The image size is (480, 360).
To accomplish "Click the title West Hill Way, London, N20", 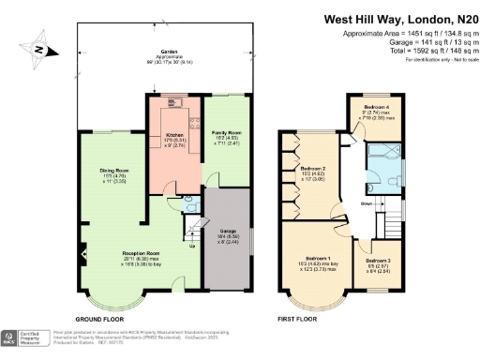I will (393, 18).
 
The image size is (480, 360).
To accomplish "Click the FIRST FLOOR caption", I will (301, 320).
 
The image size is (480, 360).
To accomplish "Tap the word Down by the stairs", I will (367, 202).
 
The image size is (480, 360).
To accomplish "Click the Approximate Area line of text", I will (397, 36).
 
